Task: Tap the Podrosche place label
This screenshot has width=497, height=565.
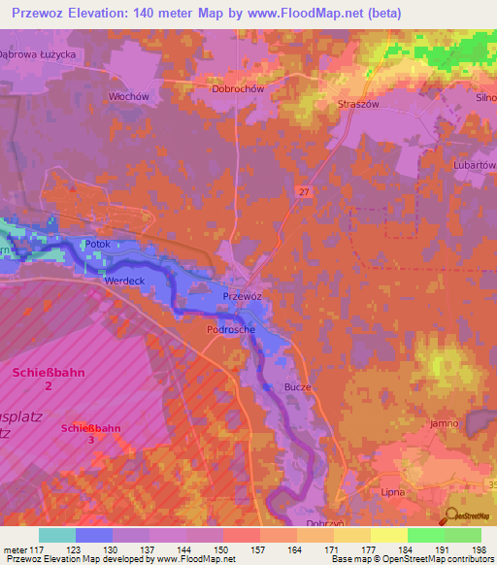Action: [231, 330]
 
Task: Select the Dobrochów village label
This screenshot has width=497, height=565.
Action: [237, 88]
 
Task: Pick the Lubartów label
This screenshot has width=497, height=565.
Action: [475, 166]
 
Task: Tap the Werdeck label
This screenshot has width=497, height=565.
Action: [123, 281]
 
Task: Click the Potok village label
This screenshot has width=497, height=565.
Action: [98, 244]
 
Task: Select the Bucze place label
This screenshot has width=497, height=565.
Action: [297, 386]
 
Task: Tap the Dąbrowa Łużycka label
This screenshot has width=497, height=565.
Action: [38, 54]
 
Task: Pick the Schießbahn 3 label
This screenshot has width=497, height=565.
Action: [90, 433]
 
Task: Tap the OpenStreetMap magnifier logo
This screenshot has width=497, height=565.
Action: [451, 515]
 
